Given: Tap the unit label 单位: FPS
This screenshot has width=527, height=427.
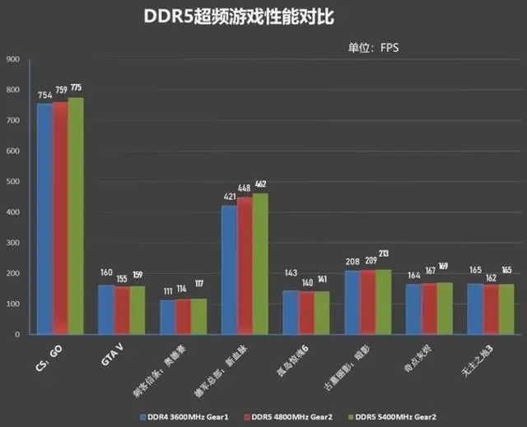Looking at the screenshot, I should (373, 48).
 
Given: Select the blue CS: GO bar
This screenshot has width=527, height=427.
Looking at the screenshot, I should (44, 219).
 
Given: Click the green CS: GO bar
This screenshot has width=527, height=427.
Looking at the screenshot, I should (76, 216).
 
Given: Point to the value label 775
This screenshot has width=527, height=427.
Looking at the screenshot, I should (77, 88).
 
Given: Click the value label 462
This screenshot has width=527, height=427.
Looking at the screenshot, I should (261, 184).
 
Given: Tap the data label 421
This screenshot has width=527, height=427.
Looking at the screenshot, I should (230, 197).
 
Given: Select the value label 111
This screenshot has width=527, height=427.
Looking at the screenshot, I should (168, 291).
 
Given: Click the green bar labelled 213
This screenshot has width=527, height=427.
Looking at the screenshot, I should (385, 302).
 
